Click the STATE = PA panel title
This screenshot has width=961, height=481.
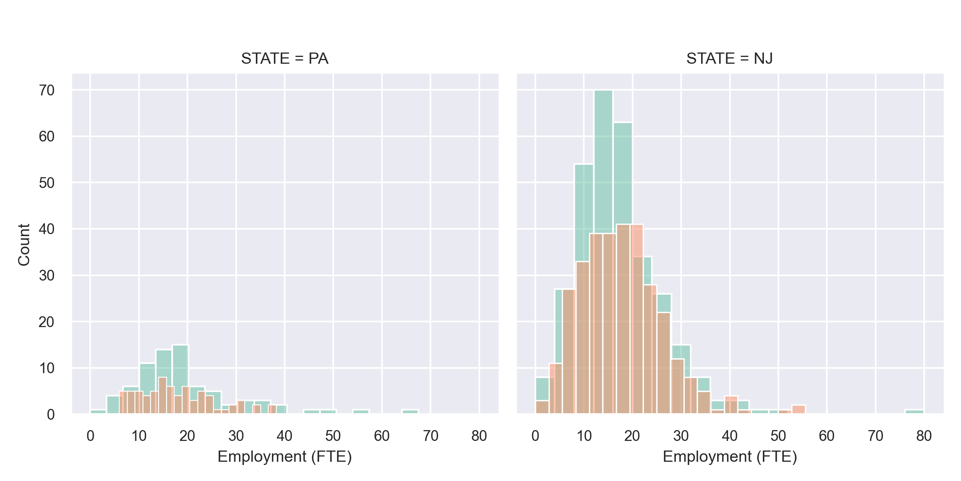pos(285,59)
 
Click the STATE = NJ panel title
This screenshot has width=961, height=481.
pos(730,59)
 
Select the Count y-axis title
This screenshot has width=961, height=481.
pos(24,245)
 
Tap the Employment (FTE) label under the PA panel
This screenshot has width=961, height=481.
pos(285,457)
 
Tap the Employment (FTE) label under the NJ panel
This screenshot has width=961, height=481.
pos(730,457)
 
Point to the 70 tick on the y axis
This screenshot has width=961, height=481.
pos(47,91)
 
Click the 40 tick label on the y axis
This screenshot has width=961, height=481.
pos(47,229)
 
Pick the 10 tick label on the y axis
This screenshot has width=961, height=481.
pos(47,368)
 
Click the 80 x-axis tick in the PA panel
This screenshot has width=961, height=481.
pos(479,436)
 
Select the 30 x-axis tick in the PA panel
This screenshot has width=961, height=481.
pos(236,436)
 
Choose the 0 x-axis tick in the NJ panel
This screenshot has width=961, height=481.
pos(535,436)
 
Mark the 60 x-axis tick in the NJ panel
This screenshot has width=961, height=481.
pos(826,436)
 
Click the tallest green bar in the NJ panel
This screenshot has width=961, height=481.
pos(603,160)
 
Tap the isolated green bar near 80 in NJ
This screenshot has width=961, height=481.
pos(914,412)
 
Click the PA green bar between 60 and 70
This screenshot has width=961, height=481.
pos(410,412)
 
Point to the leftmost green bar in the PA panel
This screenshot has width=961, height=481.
pos(98,412)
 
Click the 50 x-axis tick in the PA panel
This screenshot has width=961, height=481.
pos(333,436)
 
